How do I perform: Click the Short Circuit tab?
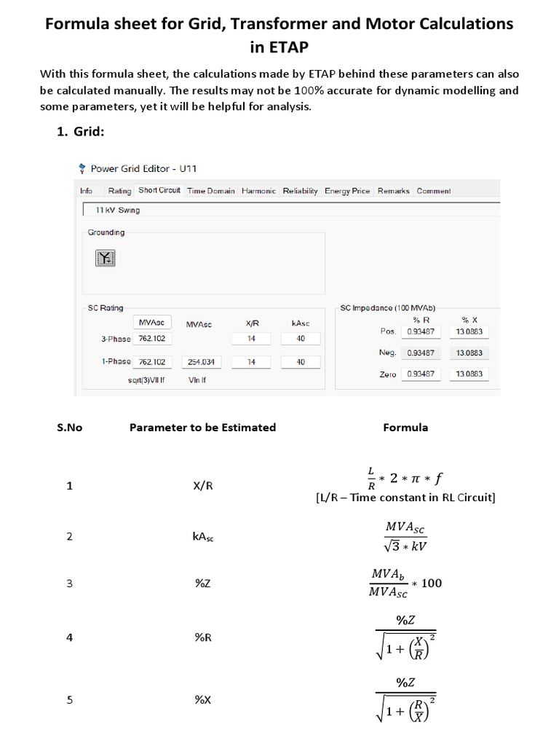[x=159, y=191]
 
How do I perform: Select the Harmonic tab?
[x=258, y=191]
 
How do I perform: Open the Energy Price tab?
[x=347, y=191]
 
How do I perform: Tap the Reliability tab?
[x=300, y=191]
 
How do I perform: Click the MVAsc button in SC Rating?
[x=152, y=323]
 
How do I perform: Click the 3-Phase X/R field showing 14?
[x=251, y=339]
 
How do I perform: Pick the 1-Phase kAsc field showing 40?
[x=301, y=362]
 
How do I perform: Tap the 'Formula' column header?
[x=405, y=428]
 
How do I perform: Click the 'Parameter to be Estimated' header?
[x=202, y=428]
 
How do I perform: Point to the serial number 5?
[x=70, y=700]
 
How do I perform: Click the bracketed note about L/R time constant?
[x=405, y=498]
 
